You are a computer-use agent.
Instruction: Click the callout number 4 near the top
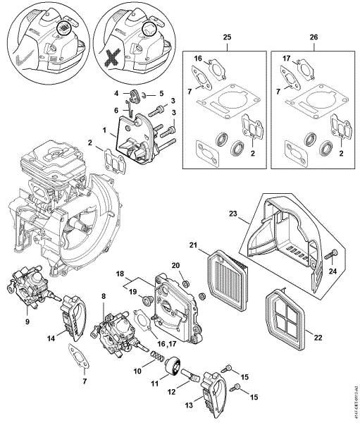pos(117,93)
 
